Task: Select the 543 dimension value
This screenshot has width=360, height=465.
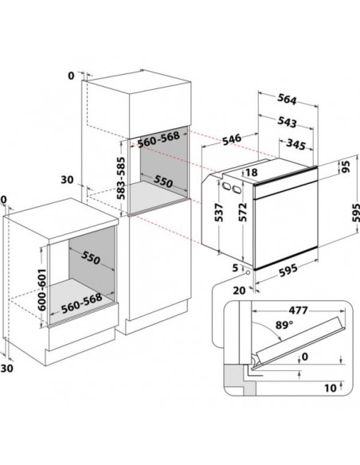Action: pyautogui.click(x=287, y=122)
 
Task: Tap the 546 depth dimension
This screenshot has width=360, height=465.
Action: pyautogui.click(x=232, y=139)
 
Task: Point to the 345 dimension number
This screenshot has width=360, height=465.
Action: pyautogui.click(x=295, y=144)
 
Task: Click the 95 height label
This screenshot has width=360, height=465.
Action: pyautogui.click(x=346, y=166)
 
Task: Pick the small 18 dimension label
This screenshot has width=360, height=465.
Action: pyautogui.click(x=252, y=172)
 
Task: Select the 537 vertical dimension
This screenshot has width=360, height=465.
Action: pyautogui.click(x=219, y=213)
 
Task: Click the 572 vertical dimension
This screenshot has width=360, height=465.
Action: pyautogui.click(x=243, y=212)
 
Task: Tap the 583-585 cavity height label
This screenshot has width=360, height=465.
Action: pyautogui.click(x=121, y=178)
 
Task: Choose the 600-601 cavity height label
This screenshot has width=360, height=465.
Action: pyautogui.click(x=41, y=290)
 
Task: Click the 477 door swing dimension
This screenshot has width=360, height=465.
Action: pyautogui.click(x=298, y=311)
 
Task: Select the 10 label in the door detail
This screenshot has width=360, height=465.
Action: pyautogui.click(x=331, y=388)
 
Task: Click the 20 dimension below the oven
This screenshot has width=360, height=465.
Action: pyautogui.click(x=239, y=291)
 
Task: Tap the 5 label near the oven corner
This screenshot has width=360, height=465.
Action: pyautogui.click(x=235, y=268)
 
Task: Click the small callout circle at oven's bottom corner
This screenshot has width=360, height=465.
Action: pyautogui.click(x=248, y=272)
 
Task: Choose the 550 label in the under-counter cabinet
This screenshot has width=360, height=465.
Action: pyautogui.click(x=90, y=257)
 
